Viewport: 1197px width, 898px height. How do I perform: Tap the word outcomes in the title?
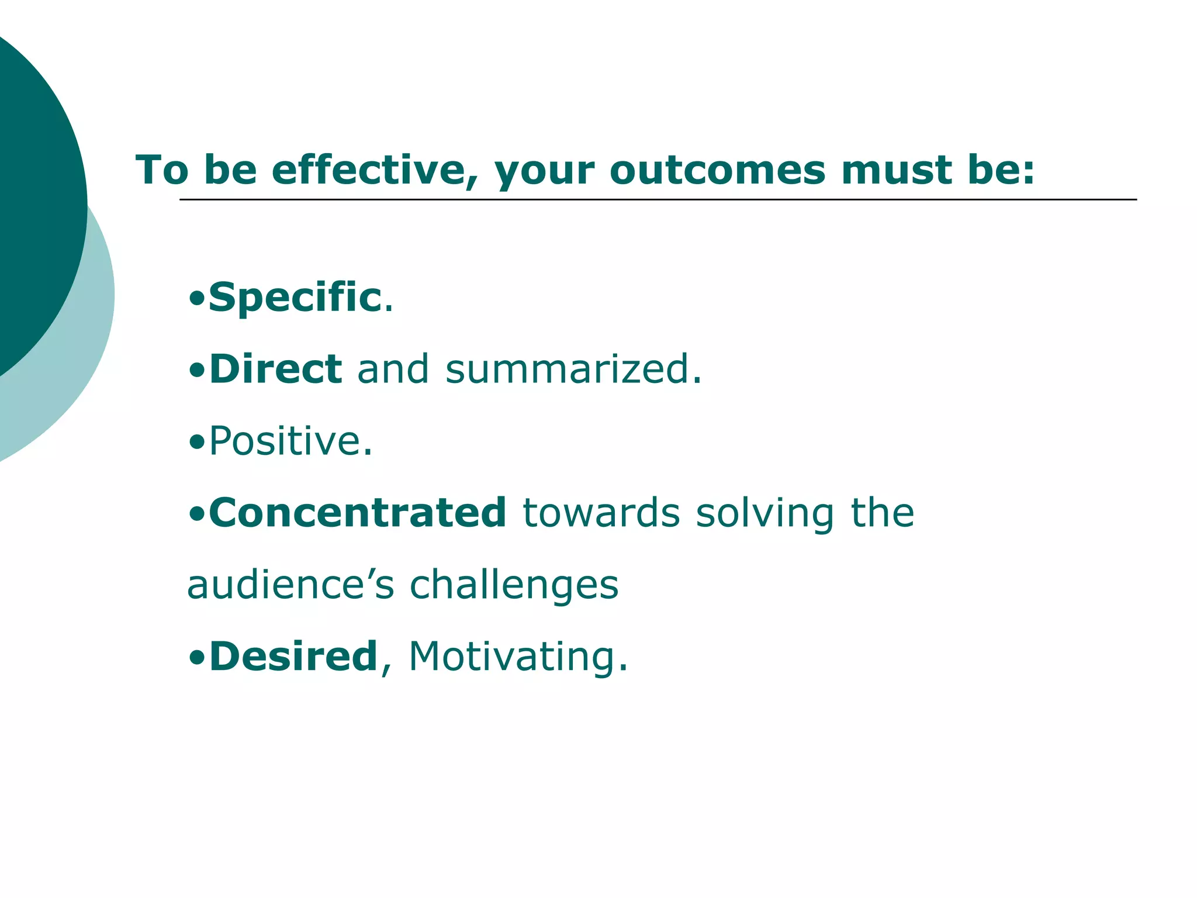coord(717,170)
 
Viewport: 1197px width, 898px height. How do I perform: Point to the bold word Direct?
coord(275,369)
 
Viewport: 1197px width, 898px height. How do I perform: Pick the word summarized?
coord(573,369)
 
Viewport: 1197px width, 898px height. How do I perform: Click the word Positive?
coord(290,441)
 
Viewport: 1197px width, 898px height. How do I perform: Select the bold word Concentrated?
coord(357,513)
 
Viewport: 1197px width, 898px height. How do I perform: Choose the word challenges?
coord(514,585)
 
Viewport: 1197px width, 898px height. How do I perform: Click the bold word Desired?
coord(293,657)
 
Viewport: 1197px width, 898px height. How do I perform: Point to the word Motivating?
coord(518,657)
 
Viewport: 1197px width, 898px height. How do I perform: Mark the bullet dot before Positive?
coord(197,443)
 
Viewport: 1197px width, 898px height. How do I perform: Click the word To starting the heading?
coord(162,170)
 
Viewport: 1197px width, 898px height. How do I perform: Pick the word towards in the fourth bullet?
coord(601,513)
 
